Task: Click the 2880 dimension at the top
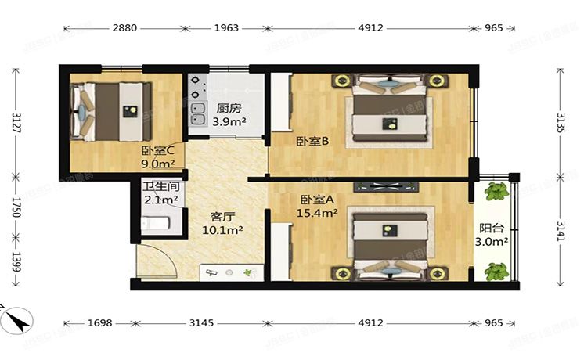[x=125, y=28]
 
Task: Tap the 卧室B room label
[x=312, y=142]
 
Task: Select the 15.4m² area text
[x=319, y=212]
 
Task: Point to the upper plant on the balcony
[x=495, y=192]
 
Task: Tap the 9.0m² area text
[x=157, y=164]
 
